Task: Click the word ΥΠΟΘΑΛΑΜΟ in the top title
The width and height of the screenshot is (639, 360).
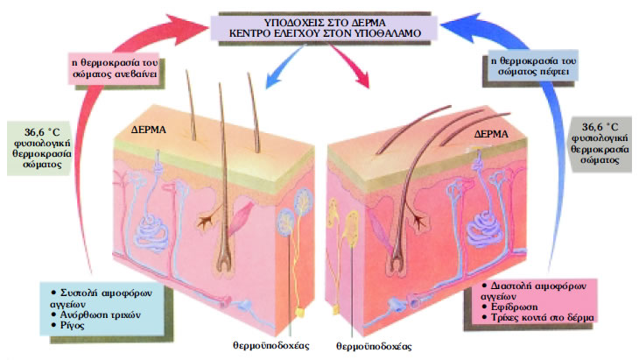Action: [x=390, y=33]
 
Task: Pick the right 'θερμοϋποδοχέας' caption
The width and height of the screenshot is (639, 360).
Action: [x=372, y=346]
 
